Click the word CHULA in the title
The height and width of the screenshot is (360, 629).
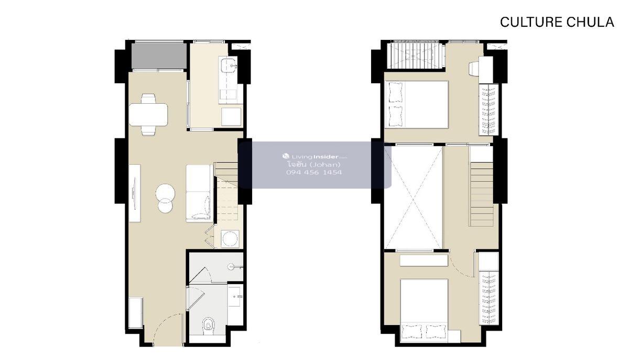pos(590,22)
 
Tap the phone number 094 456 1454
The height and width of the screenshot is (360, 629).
pos(314,172)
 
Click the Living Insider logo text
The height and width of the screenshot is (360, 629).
pos(315,156)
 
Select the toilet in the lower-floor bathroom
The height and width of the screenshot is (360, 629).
pos(208,325)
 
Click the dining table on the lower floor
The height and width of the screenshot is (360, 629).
pos(148,115)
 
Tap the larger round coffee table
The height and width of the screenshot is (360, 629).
pos(165,193)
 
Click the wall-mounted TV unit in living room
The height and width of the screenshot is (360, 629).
pos(135,193)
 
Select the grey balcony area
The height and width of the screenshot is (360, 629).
pos(159,56)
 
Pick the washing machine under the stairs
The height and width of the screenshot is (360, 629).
pos(230,238)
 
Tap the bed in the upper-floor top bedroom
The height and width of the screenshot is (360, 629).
pos(416,104)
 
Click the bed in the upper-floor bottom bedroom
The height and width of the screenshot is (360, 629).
pos(424,310)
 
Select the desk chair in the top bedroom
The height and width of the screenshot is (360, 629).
pos(474,69)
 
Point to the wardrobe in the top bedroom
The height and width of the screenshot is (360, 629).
pos(489,110)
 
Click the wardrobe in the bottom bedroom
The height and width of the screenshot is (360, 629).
pos(489,298)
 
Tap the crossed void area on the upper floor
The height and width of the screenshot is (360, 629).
pos(413,197)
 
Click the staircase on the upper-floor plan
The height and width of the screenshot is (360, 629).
pos(481,194)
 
